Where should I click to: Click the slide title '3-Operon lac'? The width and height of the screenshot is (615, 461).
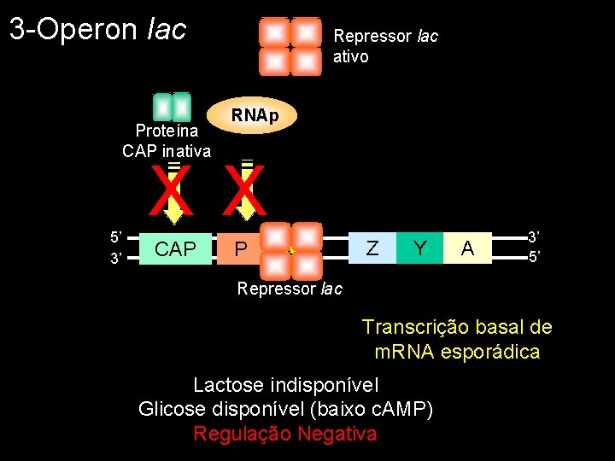pos(97,29)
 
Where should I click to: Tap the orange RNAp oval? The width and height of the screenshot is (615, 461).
pos(255,115)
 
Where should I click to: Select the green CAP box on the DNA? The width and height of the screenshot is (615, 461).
pos(175,248)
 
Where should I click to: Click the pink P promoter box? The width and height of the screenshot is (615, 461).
pos(241,248)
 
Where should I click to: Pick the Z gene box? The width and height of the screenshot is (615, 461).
pos(372,248)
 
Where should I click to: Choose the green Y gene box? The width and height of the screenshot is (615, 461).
pos(419,248)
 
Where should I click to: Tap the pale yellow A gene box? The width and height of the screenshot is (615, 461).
pos(467,248)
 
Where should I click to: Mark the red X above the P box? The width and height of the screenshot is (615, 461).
pos(246,193)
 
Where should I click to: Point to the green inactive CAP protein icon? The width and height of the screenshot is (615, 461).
pos(171,107)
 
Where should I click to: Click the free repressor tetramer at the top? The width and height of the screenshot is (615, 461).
pos(290,46)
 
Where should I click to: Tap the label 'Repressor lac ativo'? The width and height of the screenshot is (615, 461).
pos(385,46)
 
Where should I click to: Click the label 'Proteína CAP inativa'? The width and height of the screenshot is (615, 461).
pos(166,141)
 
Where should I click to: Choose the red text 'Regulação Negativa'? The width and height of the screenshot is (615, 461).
pos(284,434)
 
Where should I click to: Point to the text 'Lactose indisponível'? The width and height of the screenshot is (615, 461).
pos(285,384)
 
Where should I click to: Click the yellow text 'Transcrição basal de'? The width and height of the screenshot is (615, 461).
pos(457,327)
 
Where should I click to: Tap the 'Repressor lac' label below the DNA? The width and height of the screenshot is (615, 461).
pos(290,289)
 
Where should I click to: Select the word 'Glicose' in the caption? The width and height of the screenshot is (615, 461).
pos(171,409)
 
